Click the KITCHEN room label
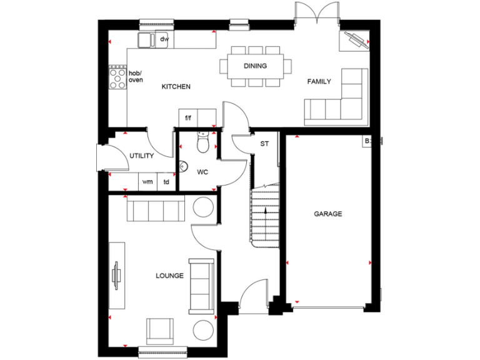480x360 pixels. (176, 87)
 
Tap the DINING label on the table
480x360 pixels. (255, 66)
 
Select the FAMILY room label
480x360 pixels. (319, 81)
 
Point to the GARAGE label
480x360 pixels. (327, 214)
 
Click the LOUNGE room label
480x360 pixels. (170, 276)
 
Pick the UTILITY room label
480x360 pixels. (142, 156)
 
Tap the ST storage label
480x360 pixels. (264, 144)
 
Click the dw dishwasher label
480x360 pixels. (164, 39)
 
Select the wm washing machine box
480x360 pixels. (147, 182)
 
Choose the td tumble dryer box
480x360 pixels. (166, 182)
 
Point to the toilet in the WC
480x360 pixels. (201, 144)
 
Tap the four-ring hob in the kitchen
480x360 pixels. (118, 78)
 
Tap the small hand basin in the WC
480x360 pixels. (182, 167)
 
